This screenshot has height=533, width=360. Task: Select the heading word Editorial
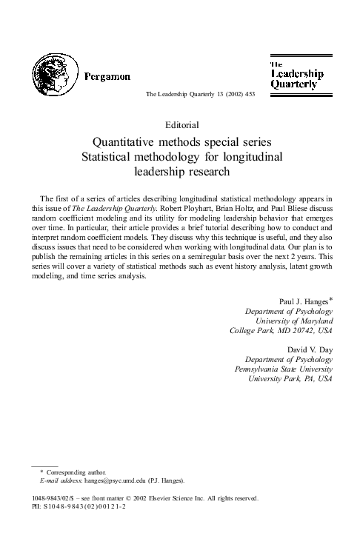coord(179,124)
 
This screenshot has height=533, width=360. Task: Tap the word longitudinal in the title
coord(253,156)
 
